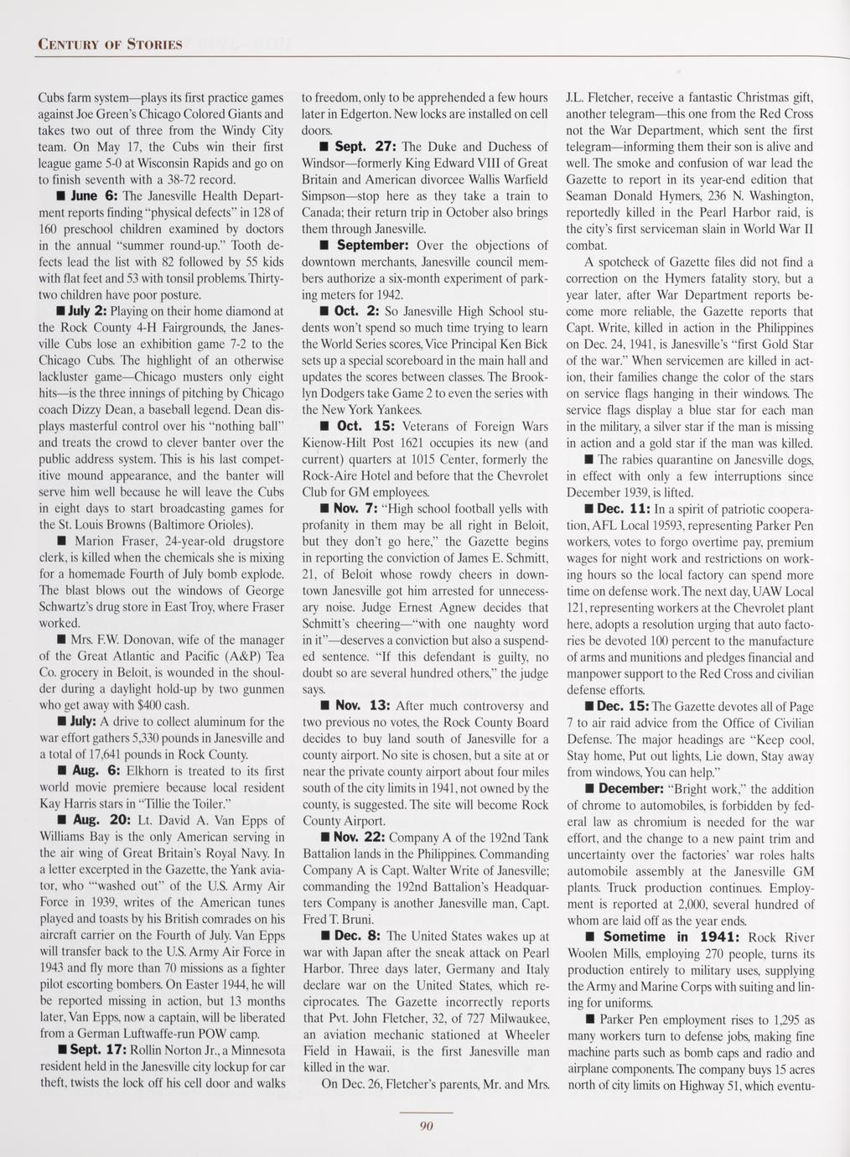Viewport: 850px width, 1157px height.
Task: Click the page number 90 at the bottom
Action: click(x=424, y=1126)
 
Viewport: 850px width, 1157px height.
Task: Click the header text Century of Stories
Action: click(x=109, y=44)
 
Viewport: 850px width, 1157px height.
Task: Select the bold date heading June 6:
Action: click(x=97, y=195)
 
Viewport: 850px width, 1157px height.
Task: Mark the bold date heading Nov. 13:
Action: click(x=365, y=706)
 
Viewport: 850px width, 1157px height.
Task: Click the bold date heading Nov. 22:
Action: click(x=361, y=837)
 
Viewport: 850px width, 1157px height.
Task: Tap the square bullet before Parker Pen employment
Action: click(x=589, y=1020)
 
